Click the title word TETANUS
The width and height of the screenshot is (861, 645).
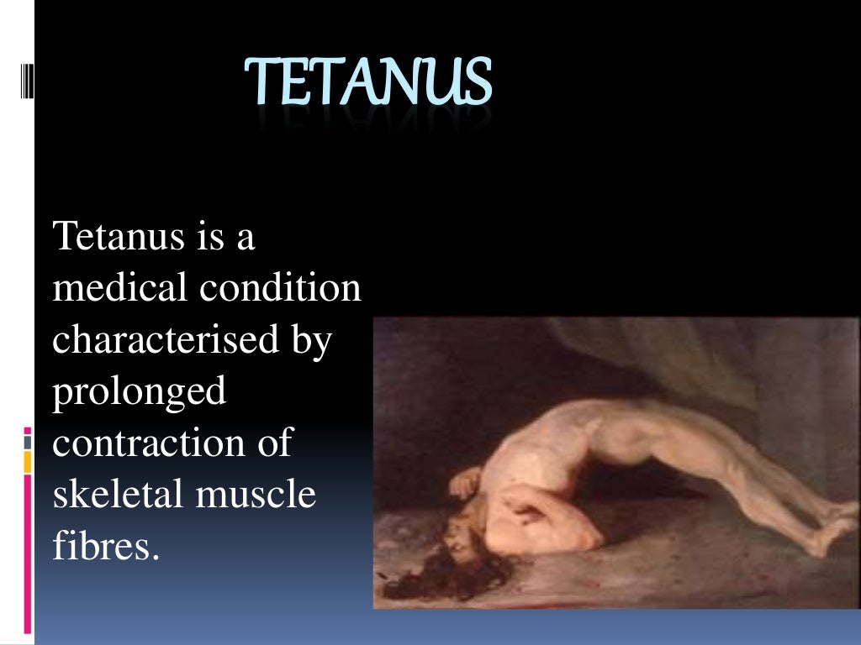pos(368,83)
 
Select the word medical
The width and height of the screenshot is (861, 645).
pos(119,288)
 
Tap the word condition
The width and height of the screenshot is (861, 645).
pos(280,288)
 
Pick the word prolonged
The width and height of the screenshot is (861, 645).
pos(140,393)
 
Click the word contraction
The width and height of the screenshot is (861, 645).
pos(147,443)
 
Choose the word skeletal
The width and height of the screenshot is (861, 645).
pos(118,495)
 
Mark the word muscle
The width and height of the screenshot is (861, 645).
pos(256,495)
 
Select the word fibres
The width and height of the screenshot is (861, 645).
pos(105,547)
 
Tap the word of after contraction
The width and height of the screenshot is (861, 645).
pos(274,443)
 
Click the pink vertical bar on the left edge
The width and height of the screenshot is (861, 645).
pos(28,554)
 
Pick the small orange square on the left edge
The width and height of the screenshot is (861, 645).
pos(28,461)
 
